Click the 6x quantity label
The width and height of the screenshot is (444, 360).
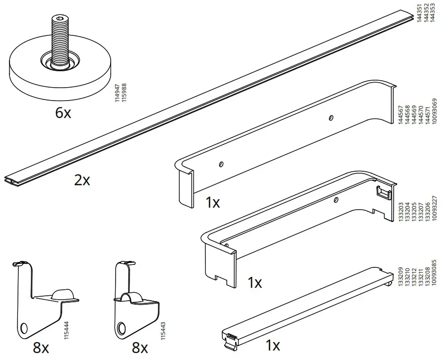point(63,113)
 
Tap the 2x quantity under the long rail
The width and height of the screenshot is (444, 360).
point(82,180)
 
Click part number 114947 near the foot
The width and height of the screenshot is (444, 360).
point(117,94)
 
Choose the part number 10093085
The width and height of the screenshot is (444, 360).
point(435,281)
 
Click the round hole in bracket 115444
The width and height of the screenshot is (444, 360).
point(23,329)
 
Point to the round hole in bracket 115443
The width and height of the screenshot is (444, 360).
point(121,328)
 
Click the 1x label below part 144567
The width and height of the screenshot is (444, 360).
point(213,202)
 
